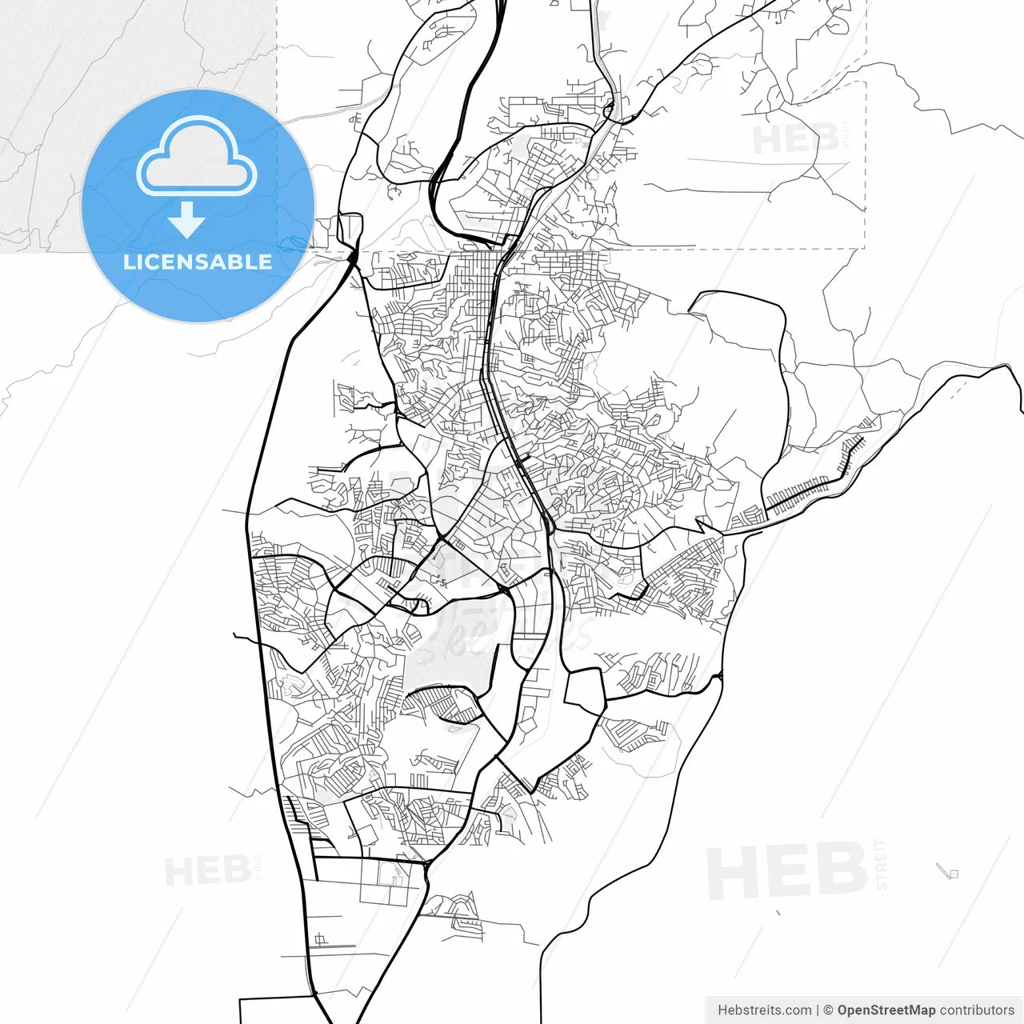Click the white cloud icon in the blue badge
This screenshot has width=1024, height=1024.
coord(197,158)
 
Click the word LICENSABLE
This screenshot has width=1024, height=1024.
coord(197,262)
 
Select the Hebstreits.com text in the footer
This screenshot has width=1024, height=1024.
coord(764,1010)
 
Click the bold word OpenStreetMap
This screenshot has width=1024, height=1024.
coord(886,1010)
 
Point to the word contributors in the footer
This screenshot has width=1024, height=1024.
coord(976,1010)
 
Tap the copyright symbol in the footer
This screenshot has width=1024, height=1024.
coord(828,1010)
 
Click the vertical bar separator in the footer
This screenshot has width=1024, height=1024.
coord(818,1010)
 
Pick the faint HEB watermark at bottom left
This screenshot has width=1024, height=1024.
coord(207,870)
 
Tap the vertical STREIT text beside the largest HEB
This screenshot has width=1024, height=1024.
coord(882,864)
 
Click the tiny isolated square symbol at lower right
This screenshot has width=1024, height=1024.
coord(953,874)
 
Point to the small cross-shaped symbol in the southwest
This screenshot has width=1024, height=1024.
coord(321,939)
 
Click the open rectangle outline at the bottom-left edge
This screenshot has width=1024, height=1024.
coord(276,1010)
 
